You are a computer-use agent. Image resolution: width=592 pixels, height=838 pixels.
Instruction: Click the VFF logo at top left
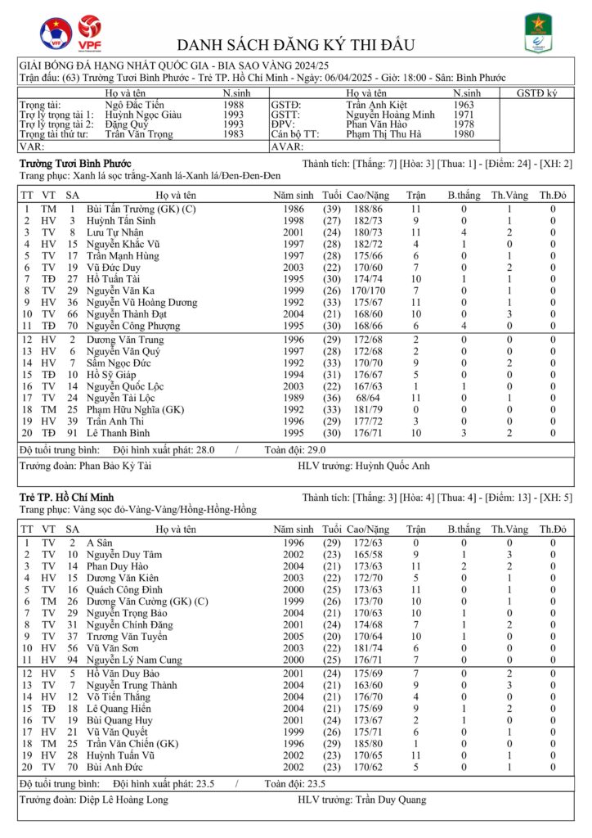coord(56,34)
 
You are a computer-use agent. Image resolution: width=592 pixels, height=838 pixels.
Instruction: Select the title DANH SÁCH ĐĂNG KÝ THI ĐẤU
coord(296,44)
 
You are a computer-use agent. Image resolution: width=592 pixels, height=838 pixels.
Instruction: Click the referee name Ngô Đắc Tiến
coord(135,105)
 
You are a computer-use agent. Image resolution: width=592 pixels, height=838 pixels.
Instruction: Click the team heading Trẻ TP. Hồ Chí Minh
coord(66,497)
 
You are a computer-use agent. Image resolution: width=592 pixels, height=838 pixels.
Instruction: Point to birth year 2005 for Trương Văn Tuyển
coord(294,636)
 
